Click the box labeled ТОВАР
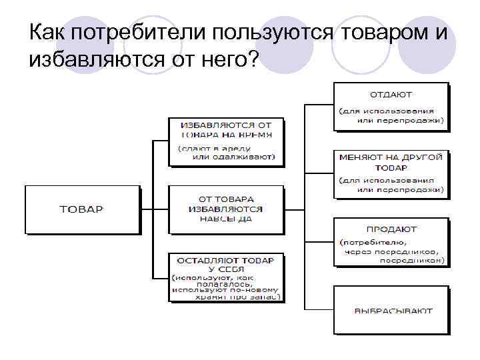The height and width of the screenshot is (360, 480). pos(82,209)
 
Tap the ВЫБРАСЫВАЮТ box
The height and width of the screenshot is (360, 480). pos(391,310)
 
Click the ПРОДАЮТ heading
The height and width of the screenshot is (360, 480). pos(391,229)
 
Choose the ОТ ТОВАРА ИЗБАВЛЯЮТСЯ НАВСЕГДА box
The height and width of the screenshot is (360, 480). pos(226,209)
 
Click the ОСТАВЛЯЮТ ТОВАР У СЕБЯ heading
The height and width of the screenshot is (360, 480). pos(226,263)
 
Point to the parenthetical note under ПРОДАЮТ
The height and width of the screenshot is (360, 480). pos(391,251)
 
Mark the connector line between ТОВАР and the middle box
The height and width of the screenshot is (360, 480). pos(155,209)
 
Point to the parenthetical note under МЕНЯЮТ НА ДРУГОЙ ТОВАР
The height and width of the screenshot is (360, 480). pos(391,185)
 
